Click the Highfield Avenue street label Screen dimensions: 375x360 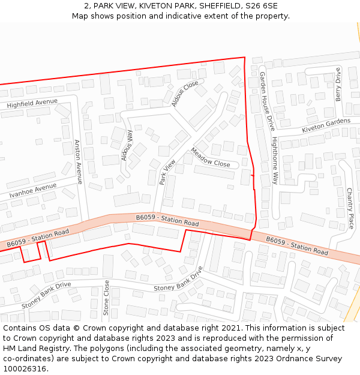point(32,104)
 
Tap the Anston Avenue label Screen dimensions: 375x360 point(77,161)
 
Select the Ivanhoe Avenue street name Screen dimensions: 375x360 point(33,191)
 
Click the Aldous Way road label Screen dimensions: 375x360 point(127,145)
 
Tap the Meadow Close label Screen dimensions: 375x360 point(211,157)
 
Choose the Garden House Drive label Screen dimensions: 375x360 point(266,101)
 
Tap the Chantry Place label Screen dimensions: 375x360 point(350,208)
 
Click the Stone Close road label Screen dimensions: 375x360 point(106,298)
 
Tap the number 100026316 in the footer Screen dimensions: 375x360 point(23,369)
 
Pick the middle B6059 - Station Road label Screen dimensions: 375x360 point(167,220)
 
